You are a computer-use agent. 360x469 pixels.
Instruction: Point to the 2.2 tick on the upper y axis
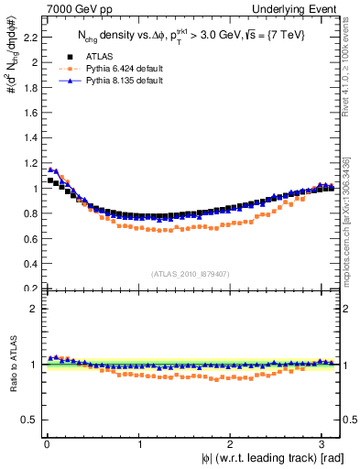coord(28,38)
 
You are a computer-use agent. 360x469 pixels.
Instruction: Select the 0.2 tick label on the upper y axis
coord(28,288)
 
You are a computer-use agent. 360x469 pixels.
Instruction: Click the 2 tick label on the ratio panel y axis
coord(32,309)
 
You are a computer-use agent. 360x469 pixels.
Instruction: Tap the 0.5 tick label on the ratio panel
coord(28,420)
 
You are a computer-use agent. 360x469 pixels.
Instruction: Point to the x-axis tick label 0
coord(46,444)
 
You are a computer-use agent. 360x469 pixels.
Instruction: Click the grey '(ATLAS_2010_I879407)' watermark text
coord(191,272)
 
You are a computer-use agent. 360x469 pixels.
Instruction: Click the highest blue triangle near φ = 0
coord(50,169)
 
